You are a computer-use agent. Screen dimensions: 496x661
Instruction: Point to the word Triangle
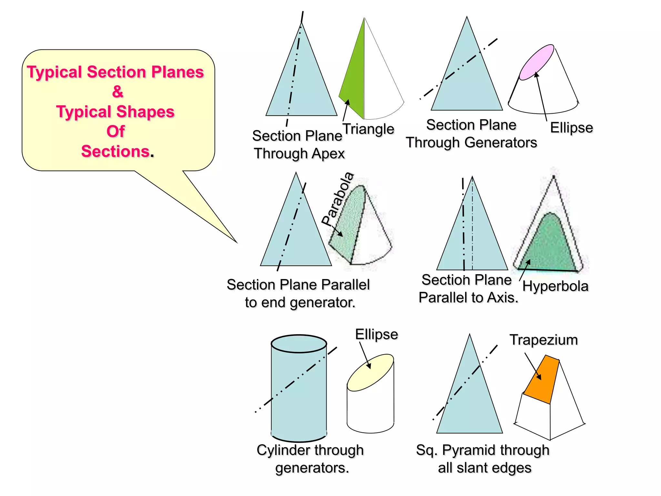coord(368,129)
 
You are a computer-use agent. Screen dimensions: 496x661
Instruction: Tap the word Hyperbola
coord(555,286)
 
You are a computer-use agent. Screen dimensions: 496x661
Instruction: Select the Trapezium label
coord(544,340)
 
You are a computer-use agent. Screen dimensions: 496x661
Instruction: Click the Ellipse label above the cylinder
coord(376,334)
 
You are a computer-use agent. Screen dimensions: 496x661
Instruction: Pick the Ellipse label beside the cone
coord(571,128)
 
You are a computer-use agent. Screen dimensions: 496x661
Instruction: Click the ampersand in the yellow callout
coord(118,92)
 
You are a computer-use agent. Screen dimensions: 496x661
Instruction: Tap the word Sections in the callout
coord(115,151)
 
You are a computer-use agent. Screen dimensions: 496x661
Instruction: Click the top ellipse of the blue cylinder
coord(299,344)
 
